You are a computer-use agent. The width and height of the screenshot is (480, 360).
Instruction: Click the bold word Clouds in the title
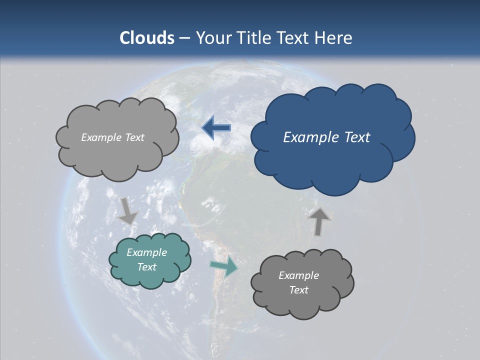pos(146,38)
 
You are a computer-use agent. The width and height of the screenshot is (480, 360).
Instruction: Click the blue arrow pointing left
pos(216,127)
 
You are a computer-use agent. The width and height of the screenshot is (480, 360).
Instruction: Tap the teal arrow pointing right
pos(223,267)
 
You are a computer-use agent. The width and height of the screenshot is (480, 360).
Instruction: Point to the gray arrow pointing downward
pos(127,210)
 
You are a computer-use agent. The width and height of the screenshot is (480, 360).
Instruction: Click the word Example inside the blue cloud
pos(306,137)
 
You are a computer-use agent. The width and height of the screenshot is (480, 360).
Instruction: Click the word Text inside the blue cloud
pos(354,137)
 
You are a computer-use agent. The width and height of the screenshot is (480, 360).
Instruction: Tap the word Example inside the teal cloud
pos(146,252)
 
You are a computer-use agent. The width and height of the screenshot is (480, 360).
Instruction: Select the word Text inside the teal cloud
pos(146,267)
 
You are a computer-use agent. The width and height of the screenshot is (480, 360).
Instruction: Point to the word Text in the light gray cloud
pos(134,137)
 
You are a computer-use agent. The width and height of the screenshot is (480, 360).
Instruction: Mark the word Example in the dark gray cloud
pos(298,275)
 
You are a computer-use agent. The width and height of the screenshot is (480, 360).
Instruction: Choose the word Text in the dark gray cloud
pos(298,290)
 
